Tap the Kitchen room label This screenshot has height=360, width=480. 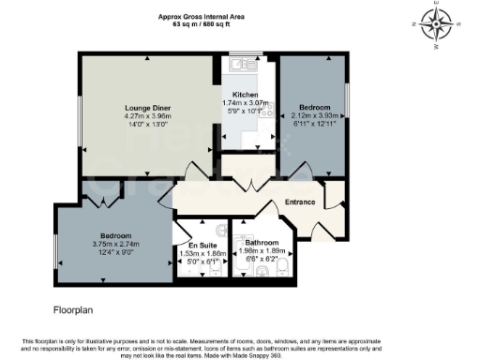coord(246,95)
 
